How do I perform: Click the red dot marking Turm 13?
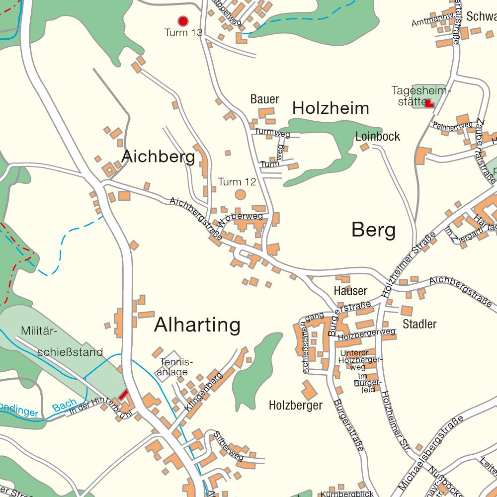(183, 21)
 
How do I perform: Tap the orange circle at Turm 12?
(240, 194)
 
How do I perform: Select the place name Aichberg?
(158, 157)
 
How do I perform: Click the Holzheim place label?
(331, 108)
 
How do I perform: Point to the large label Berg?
(374, 230)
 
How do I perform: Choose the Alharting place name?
(197, 325)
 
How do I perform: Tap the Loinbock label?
(378, 137)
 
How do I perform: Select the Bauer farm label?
(265, 99)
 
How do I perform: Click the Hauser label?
(350, 291)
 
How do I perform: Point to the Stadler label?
(419, 325)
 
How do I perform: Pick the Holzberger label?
(295, 406)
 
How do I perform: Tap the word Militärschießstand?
(62, 342)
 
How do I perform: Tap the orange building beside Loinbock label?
(364, 147)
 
